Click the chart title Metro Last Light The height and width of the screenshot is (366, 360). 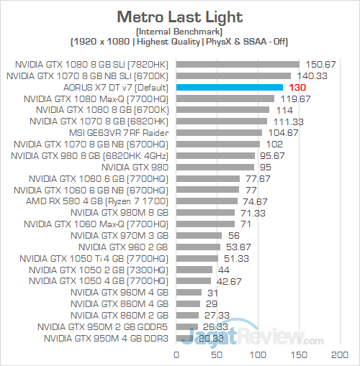click(x=179, y=16)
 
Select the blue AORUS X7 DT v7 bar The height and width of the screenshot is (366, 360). click(x=229, y=86)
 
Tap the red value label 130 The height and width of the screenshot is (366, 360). click(x=295, y=86)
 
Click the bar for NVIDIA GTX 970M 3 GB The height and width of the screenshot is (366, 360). click(x=198, y=235)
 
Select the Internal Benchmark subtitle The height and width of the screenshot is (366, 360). click(x=179, y=32)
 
